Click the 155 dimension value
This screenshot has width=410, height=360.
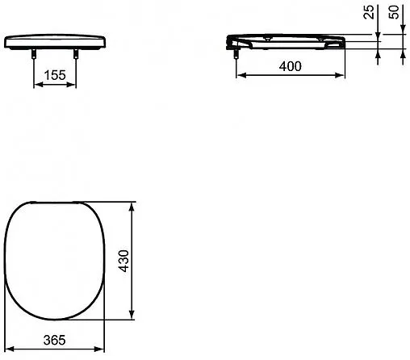(x=55, y=75)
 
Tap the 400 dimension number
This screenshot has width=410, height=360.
(x=291, y=66)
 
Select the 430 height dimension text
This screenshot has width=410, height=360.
(x=124, y=261)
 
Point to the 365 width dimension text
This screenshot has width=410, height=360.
(x=54, y=340)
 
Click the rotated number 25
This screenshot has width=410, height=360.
(x=369, y=12)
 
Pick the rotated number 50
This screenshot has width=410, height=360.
(x=394, y=12)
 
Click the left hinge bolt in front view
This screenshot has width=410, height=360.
(x=34, y=53)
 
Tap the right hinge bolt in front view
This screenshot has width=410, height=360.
(x=76, y=53)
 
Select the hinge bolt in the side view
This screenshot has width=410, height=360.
(x=236, y=53)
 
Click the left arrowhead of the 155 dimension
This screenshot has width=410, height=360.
(x=40, y=85)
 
